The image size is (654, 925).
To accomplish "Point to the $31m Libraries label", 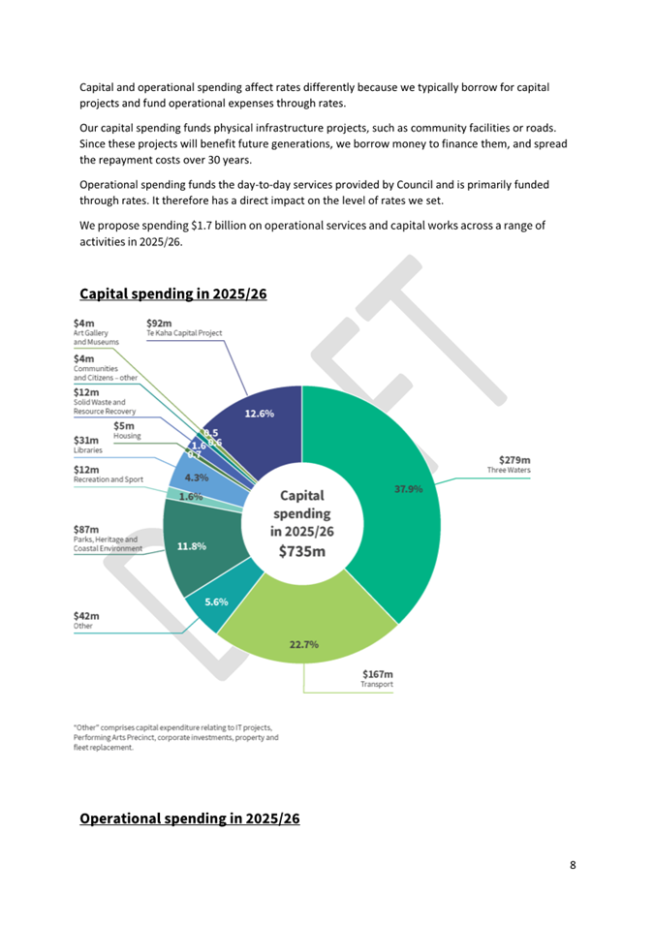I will (87, 445).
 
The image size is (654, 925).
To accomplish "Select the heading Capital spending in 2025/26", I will (172, 293).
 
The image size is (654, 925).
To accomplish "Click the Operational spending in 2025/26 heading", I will (189, 818).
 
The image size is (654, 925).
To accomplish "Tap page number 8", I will (573, 865).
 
